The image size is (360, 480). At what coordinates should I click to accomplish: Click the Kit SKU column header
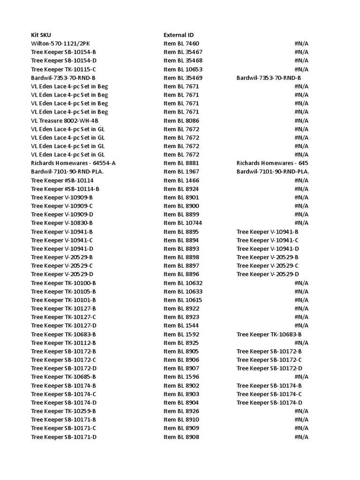pos(41,35)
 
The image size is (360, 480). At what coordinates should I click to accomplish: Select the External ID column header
pos(179,35)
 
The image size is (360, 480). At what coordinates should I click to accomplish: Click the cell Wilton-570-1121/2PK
pos(61,44)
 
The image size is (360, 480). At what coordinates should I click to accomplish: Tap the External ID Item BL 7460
pos(181,44)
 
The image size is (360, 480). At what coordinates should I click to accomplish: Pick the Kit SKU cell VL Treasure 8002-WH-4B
pos(65,120)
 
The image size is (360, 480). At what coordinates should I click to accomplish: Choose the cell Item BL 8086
pos(181,120)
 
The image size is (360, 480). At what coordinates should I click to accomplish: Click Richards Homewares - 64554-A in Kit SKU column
pos(73,163)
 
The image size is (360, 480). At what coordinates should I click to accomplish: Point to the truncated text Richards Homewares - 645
pos(272,163)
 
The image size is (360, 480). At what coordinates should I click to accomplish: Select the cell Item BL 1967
pos(181,172)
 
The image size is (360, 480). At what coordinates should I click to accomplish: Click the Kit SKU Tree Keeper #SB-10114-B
pos(65,189)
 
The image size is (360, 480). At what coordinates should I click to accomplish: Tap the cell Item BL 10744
pos(183,223)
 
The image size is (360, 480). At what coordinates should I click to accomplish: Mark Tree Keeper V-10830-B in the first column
pos(62,223)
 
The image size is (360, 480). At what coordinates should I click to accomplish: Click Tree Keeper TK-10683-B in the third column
pos(269,334)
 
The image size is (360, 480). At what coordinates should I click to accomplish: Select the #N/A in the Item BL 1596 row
pos(301,377)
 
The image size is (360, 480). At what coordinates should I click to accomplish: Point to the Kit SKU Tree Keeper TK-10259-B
pos(63,411)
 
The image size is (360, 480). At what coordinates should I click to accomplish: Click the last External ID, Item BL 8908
pos(181,437)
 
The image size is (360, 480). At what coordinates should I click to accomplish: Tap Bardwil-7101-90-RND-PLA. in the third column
pos(273,172)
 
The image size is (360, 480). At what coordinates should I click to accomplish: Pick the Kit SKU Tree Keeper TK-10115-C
pos(63,69)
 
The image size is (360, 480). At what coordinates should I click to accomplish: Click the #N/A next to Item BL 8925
pos(301,343)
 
